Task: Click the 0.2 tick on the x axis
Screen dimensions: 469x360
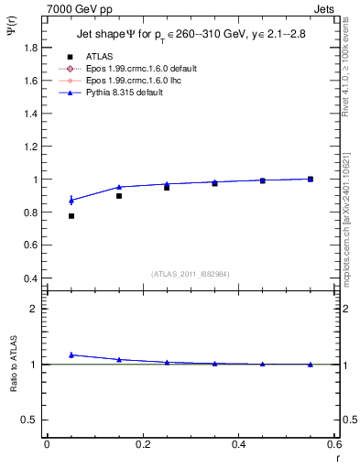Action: click(143, 444)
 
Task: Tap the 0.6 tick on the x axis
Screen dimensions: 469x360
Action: click(335, 444)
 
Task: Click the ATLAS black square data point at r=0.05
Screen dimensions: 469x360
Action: click(71, 216)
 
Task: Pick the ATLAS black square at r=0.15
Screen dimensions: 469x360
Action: click(119, 196)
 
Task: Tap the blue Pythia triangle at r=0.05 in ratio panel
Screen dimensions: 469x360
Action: click(71, 354)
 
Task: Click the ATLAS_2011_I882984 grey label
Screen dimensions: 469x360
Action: click(191, 274)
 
